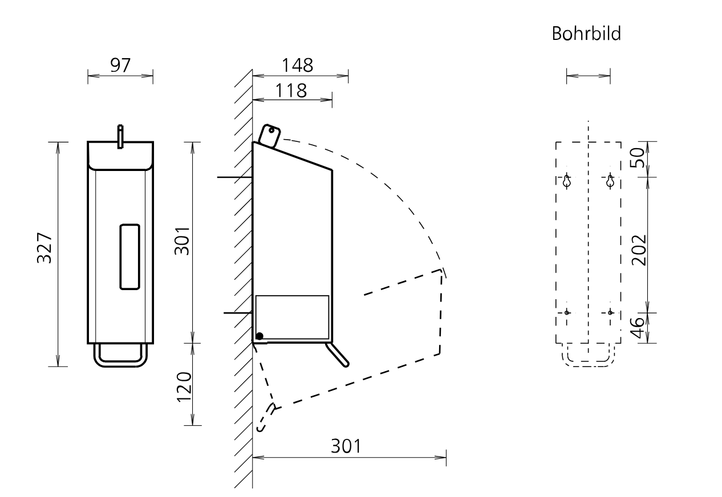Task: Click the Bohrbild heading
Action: coord(586,34)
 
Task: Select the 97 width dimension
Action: coord(120,66)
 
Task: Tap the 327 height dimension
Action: coord(44,248)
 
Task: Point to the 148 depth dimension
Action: coord(297,66)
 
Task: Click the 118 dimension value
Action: coord(291,91)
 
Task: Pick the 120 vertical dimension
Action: coord(184,387)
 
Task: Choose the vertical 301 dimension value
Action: coord(182,241)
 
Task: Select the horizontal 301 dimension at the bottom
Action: coord(346,446)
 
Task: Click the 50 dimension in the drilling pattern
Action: coord(638,158)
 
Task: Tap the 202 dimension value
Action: coord(639,250)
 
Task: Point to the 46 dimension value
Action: coord(637,328)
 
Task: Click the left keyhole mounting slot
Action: coord(567,181)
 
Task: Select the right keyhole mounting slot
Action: coord(610,181)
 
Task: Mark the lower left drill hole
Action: coord(567,312)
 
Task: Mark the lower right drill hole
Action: coord(610,312)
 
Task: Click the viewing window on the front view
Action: coord(129,256)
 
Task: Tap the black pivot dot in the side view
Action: coord(259,336)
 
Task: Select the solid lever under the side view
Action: coord(337,355)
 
